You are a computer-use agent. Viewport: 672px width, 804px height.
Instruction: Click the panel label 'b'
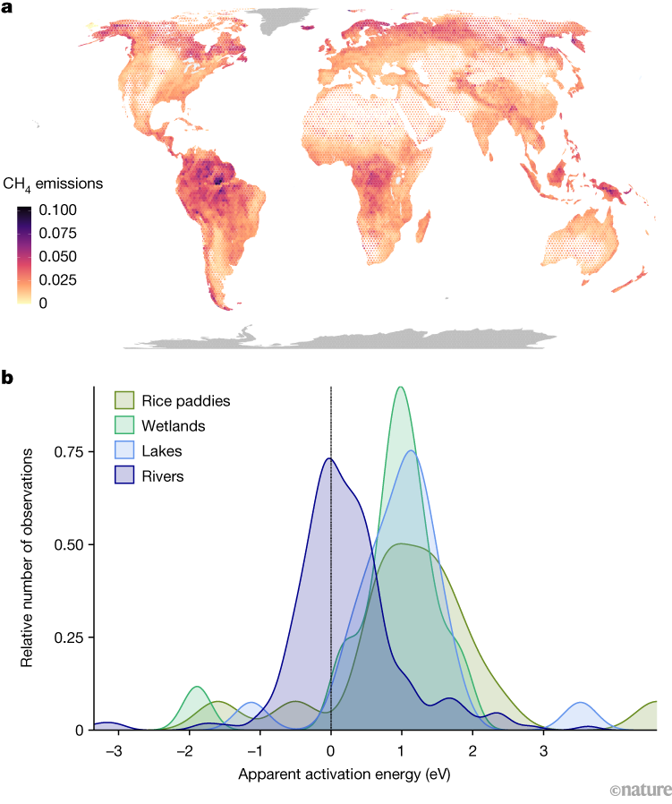coord(7,379)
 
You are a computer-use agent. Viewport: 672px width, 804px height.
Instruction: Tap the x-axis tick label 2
coord(472,749)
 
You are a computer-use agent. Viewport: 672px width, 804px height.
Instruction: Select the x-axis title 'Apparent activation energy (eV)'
coord(345,771)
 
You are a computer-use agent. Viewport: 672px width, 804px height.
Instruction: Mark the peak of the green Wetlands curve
coord(400,389)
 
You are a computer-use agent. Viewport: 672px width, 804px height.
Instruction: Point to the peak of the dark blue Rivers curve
coord(329,459)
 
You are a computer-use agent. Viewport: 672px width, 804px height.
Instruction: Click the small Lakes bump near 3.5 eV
coord(582,705)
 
